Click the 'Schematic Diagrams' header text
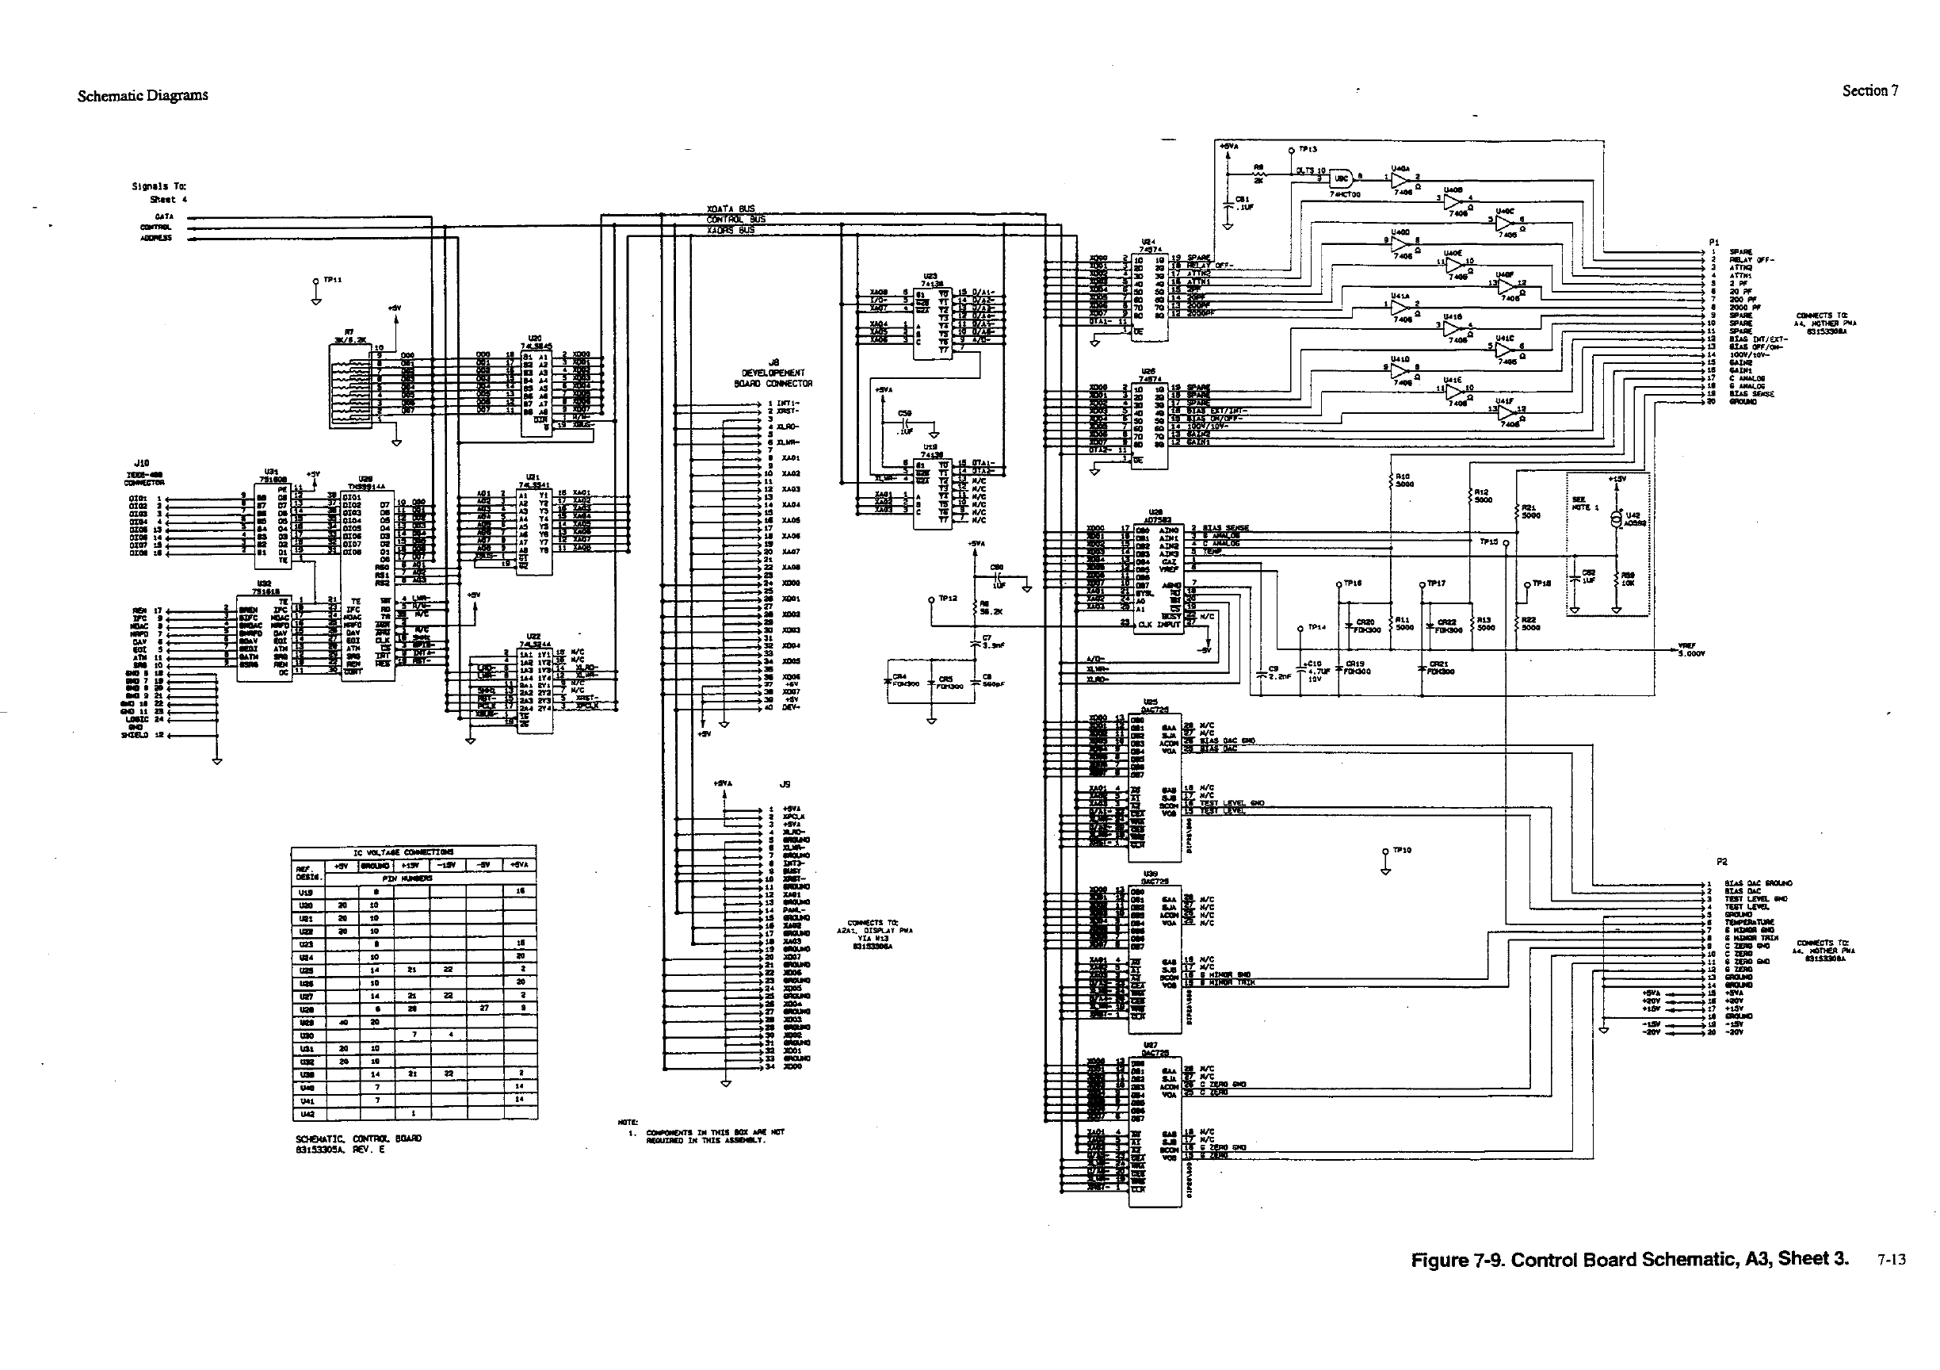coord(142,95)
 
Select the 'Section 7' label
coord(1870,90)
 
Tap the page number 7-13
coord(1891,1259)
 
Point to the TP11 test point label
coord(333,280)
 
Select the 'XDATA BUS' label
coord(730,209)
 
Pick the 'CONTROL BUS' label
coord(735,220)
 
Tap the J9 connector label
coord(784,784)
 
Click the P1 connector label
coord(1713,242)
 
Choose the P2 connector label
coord(1722,862)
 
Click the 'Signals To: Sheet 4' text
coord(160,193)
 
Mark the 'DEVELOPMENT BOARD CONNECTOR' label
coord(773,378)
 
